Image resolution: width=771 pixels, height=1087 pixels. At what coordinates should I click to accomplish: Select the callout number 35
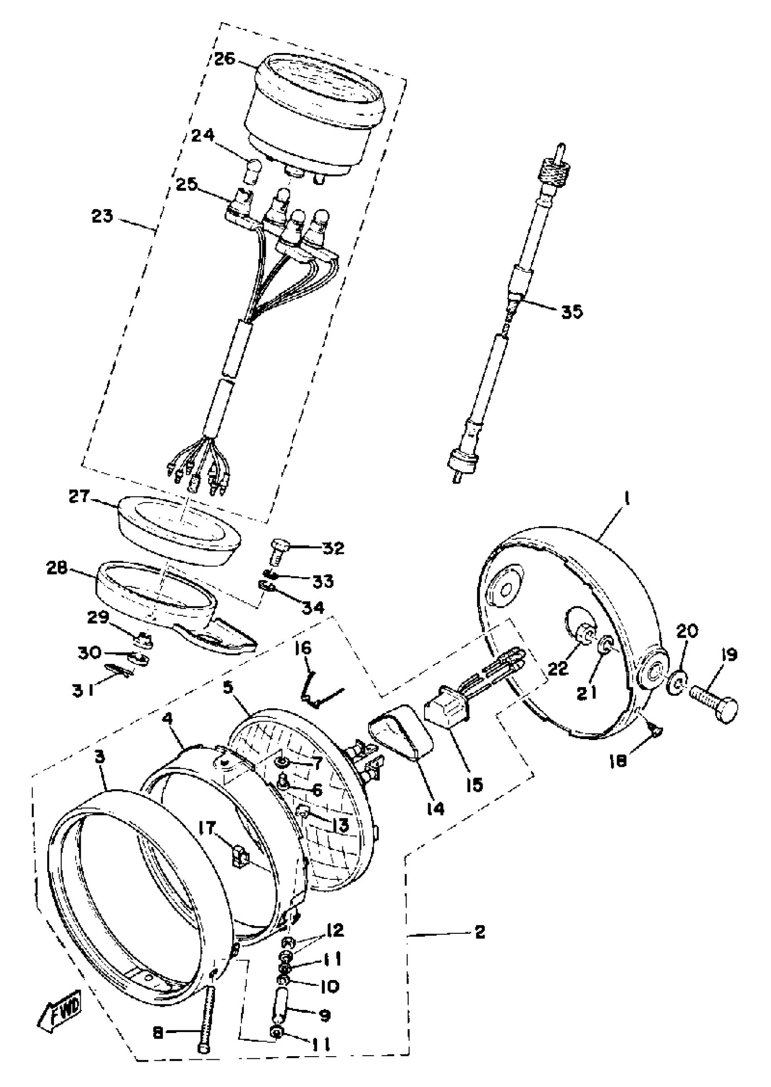point(571,312)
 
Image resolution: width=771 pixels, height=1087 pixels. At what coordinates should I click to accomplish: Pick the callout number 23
point(103,216)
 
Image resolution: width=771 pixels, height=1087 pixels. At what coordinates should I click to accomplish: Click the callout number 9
point(325,1015)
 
